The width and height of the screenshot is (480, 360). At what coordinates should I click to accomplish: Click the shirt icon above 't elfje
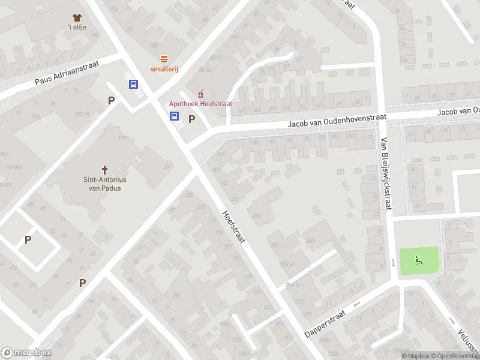(x=76, y=17)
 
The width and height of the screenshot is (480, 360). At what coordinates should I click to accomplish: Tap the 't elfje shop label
(x=76, y=28)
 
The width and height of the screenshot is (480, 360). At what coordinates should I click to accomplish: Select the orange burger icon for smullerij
(x=164, y=58)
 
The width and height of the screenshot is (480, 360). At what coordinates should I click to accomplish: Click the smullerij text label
(x=164, y=68)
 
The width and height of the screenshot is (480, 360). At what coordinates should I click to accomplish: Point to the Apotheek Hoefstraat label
(x=200, y=104)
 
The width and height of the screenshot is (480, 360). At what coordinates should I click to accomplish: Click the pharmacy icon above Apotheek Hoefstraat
(x=200, y=94)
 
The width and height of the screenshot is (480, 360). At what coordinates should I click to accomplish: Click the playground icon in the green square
(x=419, y=260)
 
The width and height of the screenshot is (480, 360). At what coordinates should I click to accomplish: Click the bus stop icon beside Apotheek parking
(x=174, y=116)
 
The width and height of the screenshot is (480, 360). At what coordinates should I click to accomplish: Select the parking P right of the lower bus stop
(x=191, y=119)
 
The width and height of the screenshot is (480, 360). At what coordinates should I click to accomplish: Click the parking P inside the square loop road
(x=28, y=239)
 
